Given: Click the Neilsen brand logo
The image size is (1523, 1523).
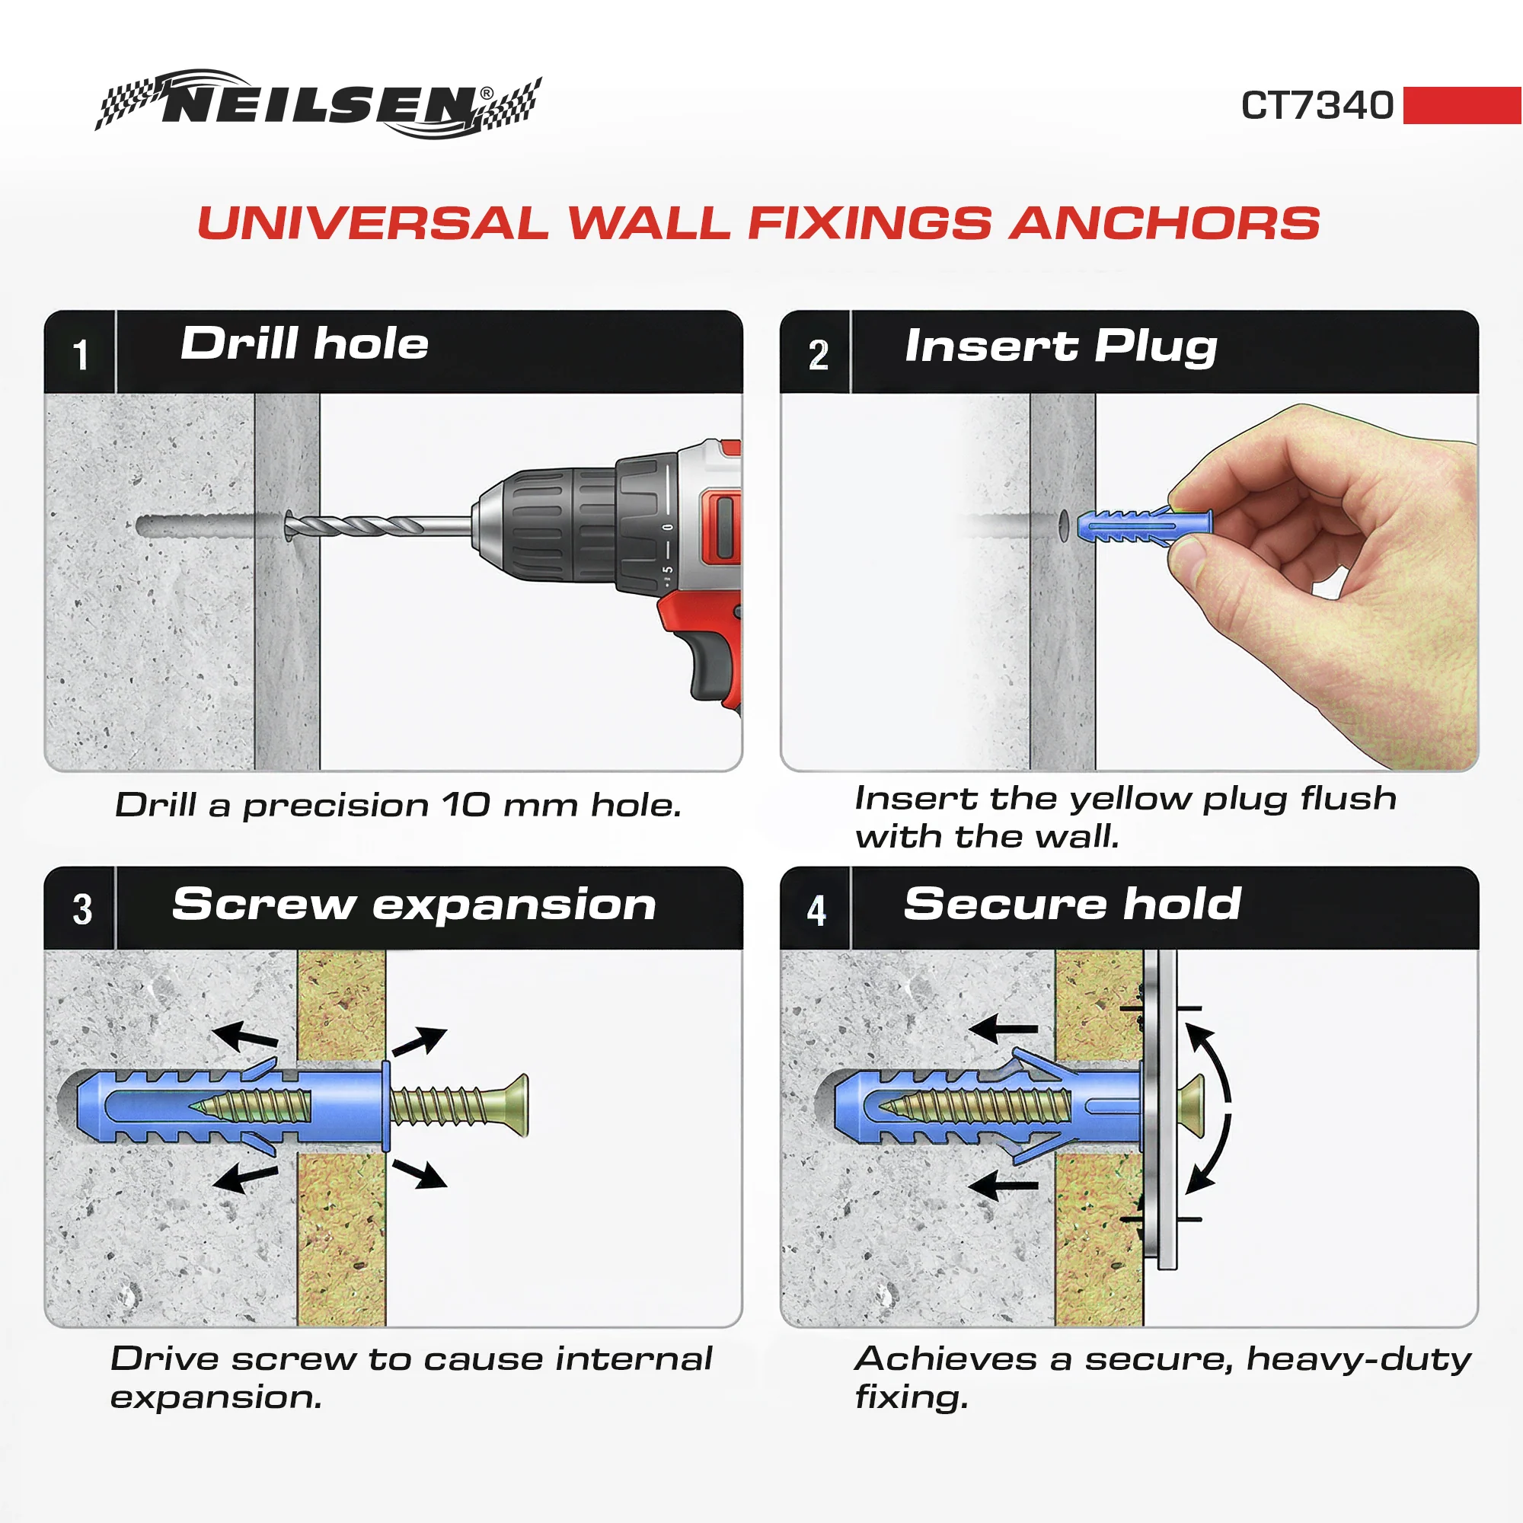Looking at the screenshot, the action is pyautogui.click(x=318, y=104).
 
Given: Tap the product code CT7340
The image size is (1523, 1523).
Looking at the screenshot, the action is pyautogui.click(x=1317, y=106).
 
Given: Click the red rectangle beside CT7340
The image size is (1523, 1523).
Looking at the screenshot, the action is pyautogui.click(x=1462, y=106).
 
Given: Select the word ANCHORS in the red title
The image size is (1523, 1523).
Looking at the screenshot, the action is pyautogui.click(x=1165, y=223).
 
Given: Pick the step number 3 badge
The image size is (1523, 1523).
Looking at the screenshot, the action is pyautogui.click(x=82, y=909).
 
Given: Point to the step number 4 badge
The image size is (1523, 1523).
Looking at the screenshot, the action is pyautogui.click(x=816, y=909).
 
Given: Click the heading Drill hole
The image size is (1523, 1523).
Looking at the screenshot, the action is pyautogui.click(x=305, y=343).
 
